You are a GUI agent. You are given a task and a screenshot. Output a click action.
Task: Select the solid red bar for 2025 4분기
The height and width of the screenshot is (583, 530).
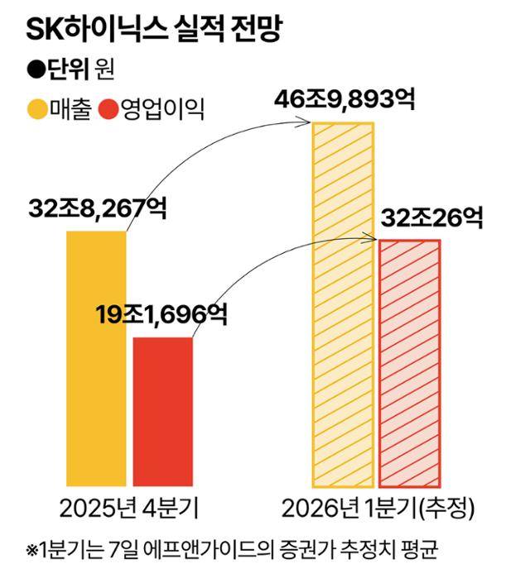point(162,411)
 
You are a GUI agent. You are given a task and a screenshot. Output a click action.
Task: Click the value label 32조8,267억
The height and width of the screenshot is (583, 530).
point(96,208)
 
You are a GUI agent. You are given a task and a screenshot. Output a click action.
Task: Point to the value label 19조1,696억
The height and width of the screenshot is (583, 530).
point(160,314)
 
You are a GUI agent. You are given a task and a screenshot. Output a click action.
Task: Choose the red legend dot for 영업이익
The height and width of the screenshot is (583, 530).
point(108,109)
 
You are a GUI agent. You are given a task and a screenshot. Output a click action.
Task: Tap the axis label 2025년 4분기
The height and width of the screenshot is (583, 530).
point(128,506)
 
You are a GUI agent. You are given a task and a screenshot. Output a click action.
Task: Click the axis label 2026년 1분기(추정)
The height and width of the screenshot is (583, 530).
point(377,506)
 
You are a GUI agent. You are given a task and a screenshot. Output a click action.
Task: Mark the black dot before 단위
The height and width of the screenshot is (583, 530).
point(36,69)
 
